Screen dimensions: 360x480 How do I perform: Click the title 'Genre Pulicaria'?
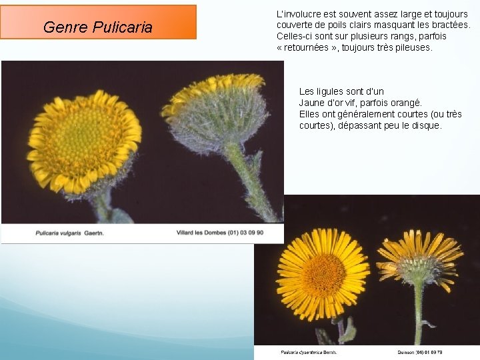coord(98,27)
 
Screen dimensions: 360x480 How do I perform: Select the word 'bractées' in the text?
coord(449,25)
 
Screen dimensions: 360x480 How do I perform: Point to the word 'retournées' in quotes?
coord(308,48)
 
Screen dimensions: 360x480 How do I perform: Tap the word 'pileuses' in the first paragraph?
coord(413,48)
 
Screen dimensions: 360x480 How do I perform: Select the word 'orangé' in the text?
coord(406,103)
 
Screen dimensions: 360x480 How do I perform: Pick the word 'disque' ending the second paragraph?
coord(427,125)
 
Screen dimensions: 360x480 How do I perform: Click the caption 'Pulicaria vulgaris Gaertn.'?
coord(70,233)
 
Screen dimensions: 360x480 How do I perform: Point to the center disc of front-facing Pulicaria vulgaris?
coord(81,143)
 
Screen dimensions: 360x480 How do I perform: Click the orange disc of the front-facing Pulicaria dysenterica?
coord(324,274)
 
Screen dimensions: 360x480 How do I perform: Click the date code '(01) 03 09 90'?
coord(247,233)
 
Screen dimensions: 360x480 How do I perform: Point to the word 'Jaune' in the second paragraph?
coord(311,103)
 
